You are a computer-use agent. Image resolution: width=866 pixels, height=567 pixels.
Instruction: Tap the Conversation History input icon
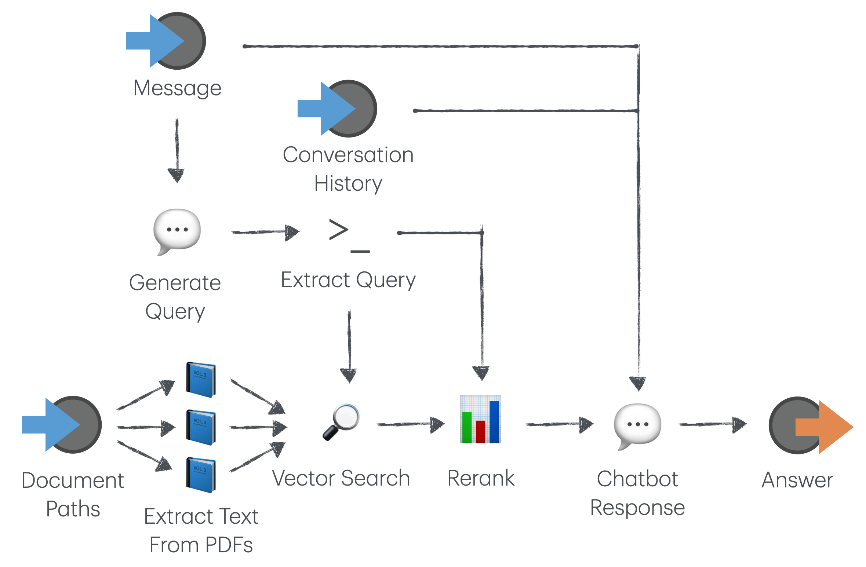point(337,109)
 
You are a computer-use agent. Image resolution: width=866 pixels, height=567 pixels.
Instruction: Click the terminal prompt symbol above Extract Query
point(349,235)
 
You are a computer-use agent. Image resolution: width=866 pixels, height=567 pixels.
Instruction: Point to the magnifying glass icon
point(341,422)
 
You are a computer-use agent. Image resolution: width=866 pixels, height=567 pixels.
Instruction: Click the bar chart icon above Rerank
point(480,419)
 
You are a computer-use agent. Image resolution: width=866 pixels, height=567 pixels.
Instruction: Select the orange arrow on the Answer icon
point(824,427)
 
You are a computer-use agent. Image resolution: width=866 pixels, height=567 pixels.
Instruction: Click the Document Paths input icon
point(62,425)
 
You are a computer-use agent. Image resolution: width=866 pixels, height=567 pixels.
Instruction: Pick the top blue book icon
point(201,380)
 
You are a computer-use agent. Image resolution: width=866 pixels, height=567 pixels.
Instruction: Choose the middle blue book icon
point(201,427)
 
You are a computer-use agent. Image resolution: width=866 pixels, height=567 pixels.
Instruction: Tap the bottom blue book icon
point(201,475)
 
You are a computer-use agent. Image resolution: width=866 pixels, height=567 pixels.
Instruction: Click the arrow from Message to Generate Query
point(177,150)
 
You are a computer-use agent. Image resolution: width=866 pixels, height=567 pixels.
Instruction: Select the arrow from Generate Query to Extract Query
point(265,232)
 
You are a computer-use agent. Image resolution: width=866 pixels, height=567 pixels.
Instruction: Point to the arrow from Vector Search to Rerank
point(411,424)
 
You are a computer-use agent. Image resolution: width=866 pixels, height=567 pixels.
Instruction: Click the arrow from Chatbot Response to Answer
point(713,424)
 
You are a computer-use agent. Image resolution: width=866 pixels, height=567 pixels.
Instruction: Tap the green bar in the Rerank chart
point(467,427)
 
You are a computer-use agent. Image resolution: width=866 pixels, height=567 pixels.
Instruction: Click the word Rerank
point(481,478)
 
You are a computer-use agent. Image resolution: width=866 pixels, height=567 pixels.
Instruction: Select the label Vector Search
point(341,478)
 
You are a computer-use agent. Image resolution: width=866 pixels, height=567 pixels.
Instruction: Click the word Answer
point(797,480)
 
